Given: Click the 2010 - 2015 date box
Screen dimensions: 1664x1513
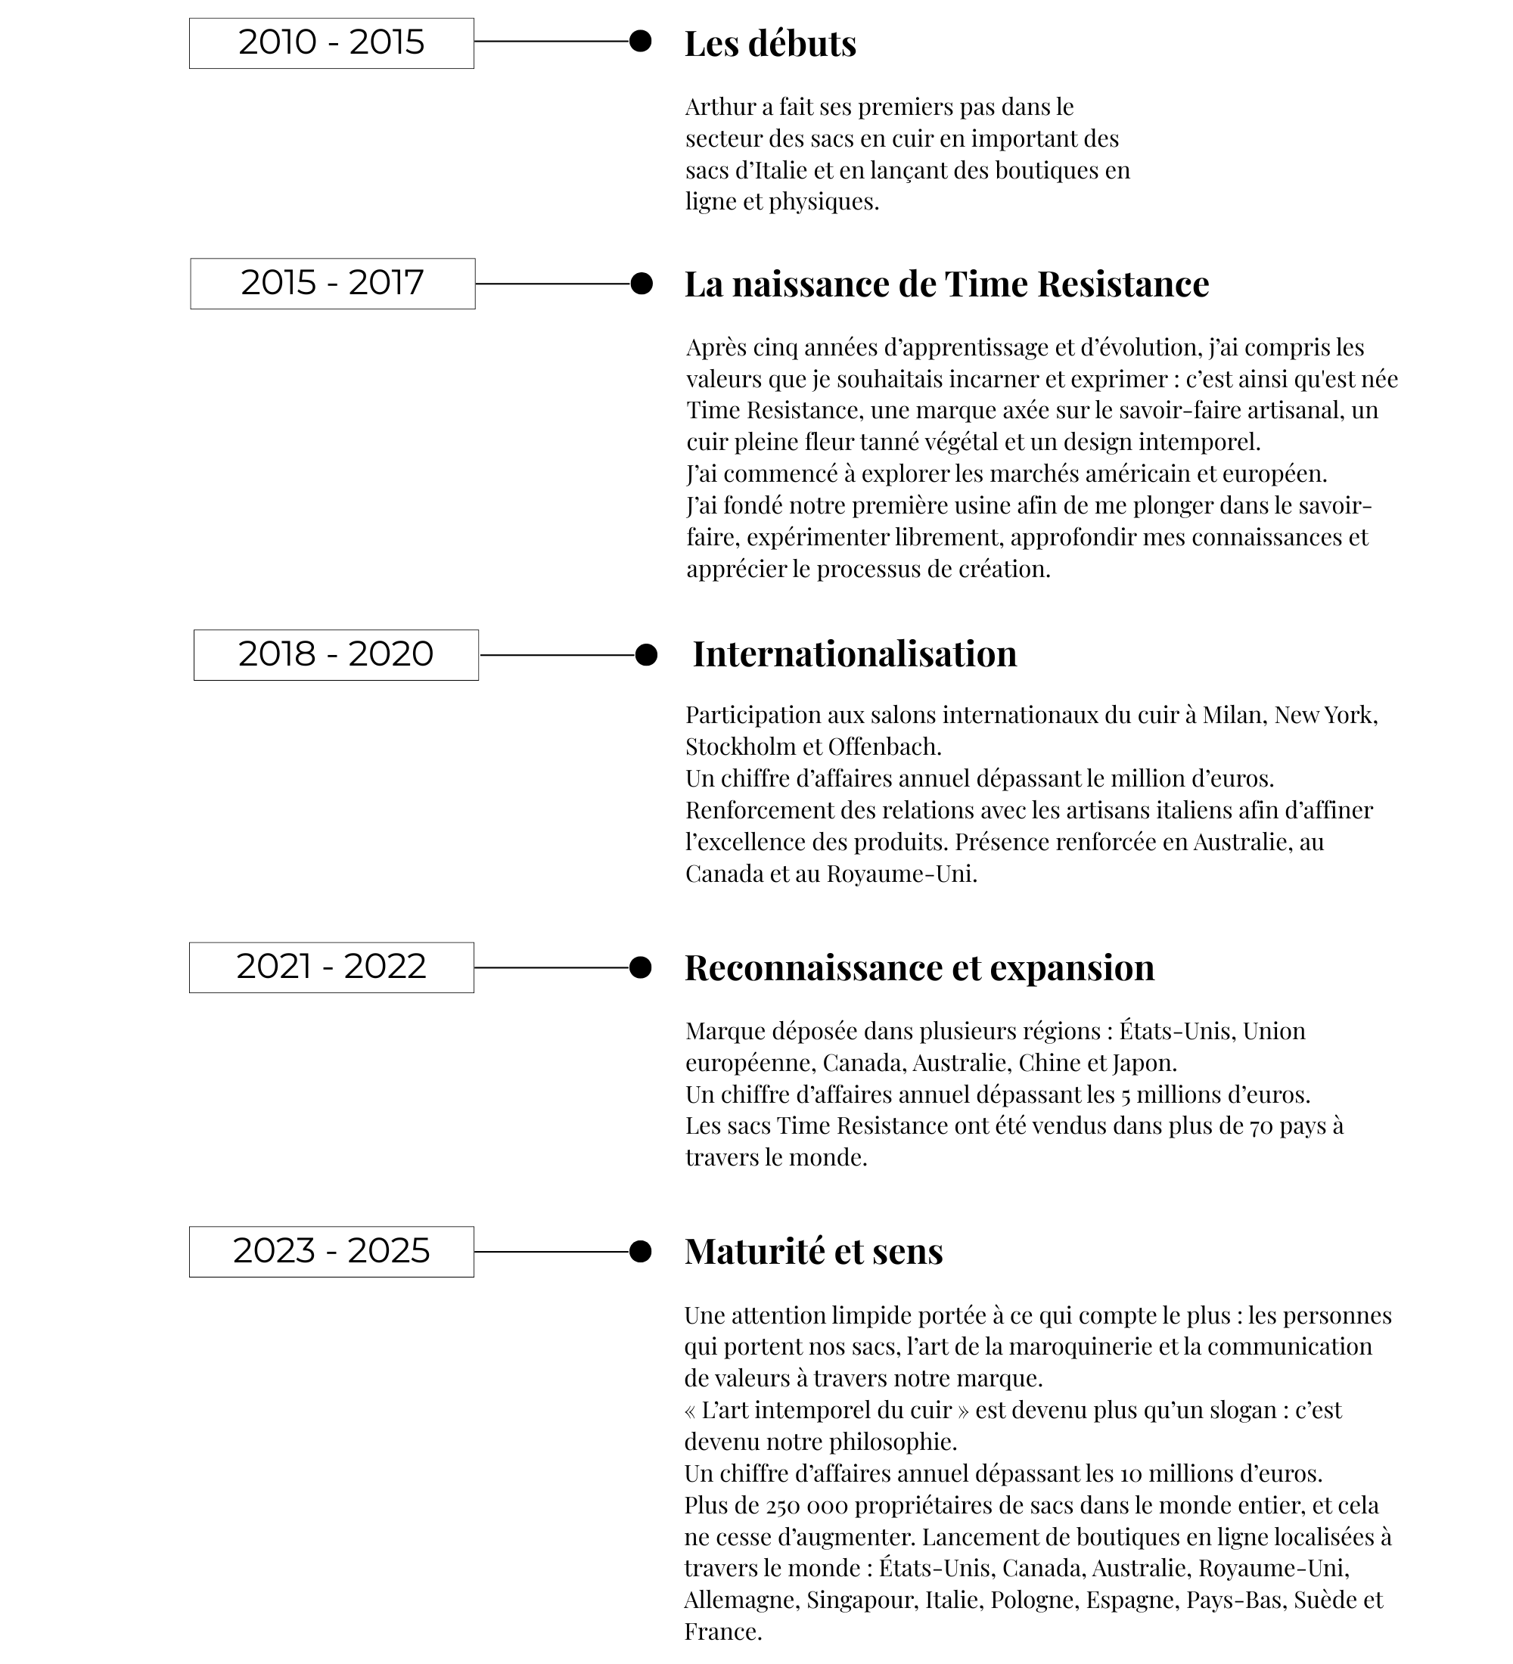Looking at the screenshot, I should (331, 43).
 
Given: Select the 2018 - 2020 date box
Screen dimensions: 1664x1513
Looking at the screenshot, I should (336, 654).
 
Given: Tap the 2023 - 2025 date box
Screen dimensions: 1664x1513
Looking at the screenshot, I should (331, 1251).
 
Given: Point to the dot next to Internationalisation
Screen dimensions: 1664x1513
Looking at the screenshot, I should (646, 654).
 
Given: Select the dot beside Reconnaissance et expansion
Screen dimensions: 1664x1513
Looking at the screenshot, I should (640, 967).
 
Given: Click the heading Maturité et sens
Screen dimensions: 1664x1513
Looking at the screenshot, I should (813, 1251).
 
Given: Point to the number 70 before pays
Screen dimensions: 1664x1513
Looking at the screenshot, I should (1261, 1125).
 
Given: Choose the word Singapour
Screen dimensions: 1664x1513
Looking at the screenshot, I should (861, 1600).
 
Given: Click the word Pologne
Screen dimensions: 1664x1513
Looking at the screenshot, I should (1033, 1600).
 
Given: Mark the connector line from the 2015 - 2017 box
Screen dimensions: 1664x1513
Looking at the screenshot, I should (552, 284).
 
